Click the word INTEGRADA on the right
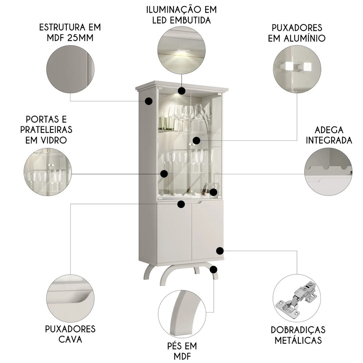(x=329, y=140)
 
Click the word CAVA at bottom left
(x=70, y=339)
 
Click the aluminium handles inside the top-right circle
(x=297, y=66)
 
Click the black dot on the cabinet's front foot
(x=214, y=269)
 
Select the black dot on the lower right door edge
(x=220, y=250)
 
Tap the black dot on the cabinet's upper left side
(x=148, y=101)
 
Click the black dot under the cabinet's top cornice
(x=181, y=90)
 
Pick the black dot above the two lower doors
(x=181, y=204)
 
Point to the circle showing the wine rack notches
(x=328, y=172)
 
